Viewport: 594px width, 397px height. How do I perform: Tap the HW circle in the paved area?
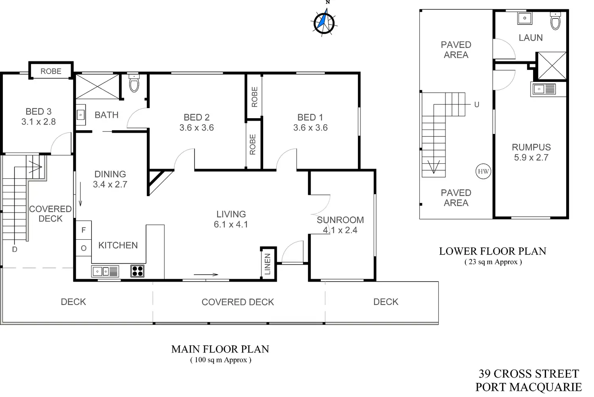(x=483, y=171)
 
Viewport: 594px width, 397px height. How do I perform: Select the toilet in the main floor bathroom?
(x=134, y=84)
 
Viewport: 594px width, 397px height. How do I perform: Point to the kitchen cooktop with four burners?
(x=137, y=271)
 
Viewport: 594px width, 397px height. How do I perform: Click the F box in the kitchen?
(x=84, y=230)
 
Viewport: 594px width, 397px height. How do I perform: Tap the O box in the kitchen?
(x=84, y=248)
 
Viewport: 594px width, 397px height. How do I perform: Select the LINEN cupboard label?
(x=268, y=264)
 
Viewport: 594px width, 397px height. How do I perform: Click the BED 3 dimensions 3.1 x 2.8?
(x=38, y=122)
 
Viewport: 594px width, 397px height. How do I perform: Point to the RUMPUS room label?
(x=531, y=147)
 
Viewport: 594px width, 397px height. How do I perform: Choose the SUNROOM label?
(x=340, y=220)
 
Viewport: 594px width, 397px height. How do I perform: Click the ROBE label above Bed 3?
(x=51, y=71)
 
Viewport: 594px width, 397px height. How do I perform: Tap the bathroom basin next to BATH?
(x=81, y=115)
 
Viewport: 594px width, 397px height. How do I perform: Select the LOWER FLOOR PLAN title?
(x=492, y=251)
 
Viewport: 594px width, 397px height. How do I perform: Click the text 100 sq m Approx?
(x=220, y=360)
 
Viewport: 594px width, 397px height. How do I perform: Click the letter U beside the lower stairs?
(x=477, y=104)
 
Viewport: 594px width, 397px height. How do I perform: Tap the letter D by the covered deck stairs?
(x=15, y=249)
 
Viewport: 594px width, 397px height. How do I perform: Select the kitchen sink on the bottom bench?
(x=105, y=272)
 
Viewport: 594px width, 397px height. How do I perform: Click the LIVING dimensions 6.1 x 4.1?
(x=231, y=224)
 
